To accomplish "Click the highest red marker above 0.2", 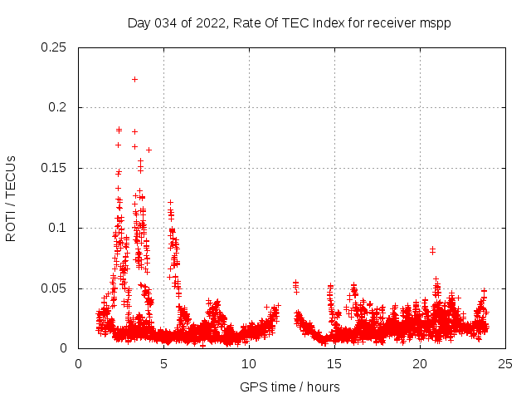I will tap(134, 79).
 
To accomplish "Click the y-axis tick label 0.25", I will tap(55, 47).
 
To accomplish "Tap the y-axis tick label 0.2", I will tap(60, 108).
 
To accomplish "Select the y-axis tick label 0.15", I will tap(55, 168).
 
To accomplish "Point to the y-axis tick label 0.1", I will tap(60, 229).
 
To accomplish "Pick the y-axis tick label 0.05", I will tap(55, 288).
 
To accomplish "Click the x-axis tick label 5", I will tap(164, 363).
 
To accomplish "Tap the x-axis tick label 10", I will tap(249, 363).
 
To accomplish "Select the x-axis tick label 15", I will tap(334, 363).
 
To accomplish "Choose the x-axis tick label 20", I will tap(420, 363).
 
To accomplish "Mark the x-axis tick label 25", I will tap(504, 363).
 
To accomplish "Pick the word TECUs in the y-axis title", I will tap(11, 175).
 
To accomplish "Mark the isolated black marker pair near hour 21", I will tap(432, 249).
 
